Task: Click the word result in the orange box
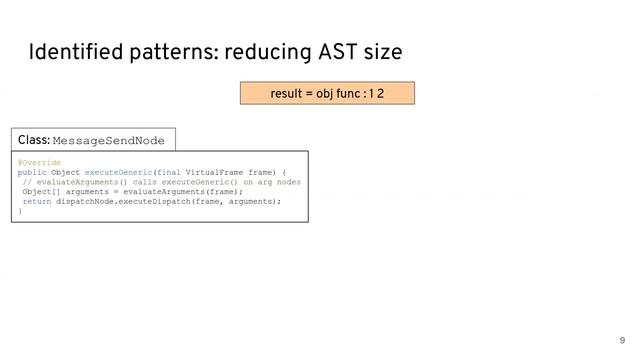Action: [x=287, y=94]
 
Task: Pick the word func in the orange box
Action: [x=349, y=94]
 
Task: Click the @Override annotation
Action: [x=39, y=162]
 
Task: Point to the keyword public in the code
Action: [x=33, y=172]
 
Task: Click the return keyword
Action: [x=36, y=201]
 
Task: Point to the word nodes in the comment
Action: [x=286, y=182]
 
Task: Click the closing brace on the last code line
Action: [x=20, y=211]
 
